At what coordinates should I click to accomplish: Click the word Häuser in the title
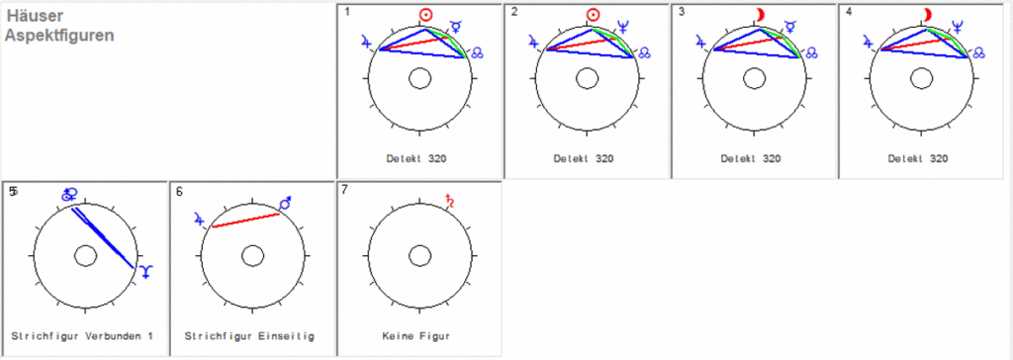tap(33, 16)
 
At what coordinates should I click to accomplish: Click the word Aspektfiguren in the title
tap(59, 35)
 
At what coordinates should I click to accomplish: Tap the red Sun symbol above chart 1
tap(426, 15)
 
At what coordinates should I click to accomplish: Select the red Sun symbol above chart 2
tap(594, 15)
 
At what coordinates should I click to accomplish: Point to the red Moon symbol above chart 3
tap(761, 14)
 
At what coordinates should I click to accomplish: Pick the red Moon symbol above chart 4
tap(928, 14)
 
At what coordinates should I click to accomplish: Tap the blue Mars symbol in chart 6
tap(287, 203)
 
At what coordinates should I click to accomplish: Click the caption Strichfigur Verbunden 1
tap(82, 336)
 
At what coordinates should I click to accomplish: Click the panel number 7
tap(344, 189)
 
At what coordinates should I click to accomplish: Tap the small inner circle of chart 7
tap(419, 255)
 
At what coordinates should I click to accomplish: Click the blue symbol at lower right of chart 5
tap(145, 270)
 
